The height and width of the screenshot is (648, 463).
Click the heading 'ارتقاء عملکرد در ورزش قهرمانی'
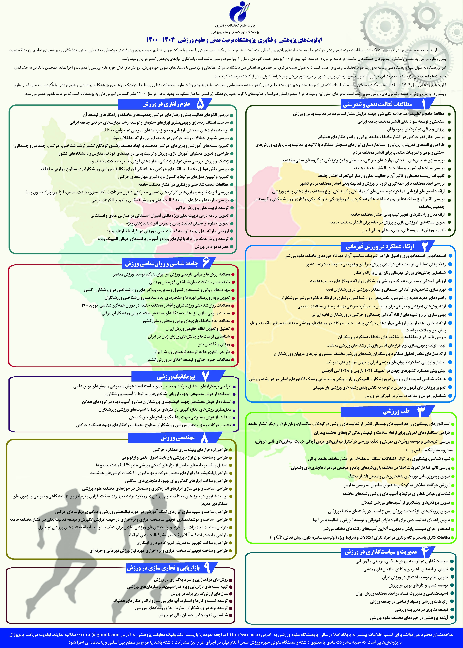point(380,246)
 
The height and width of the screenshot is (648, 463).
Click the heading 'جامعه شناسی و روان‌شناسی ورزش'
point(162,264)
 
